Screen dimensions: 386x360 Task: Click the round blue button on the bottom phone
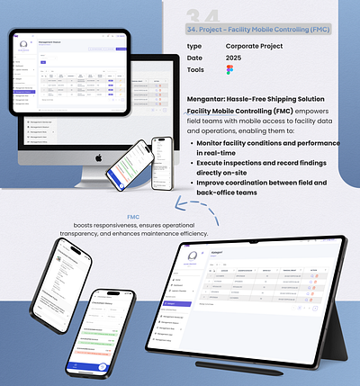103,367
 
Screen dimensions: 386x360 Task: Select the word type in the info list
193,45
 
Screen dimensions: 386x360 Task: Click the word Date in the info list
194,58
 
